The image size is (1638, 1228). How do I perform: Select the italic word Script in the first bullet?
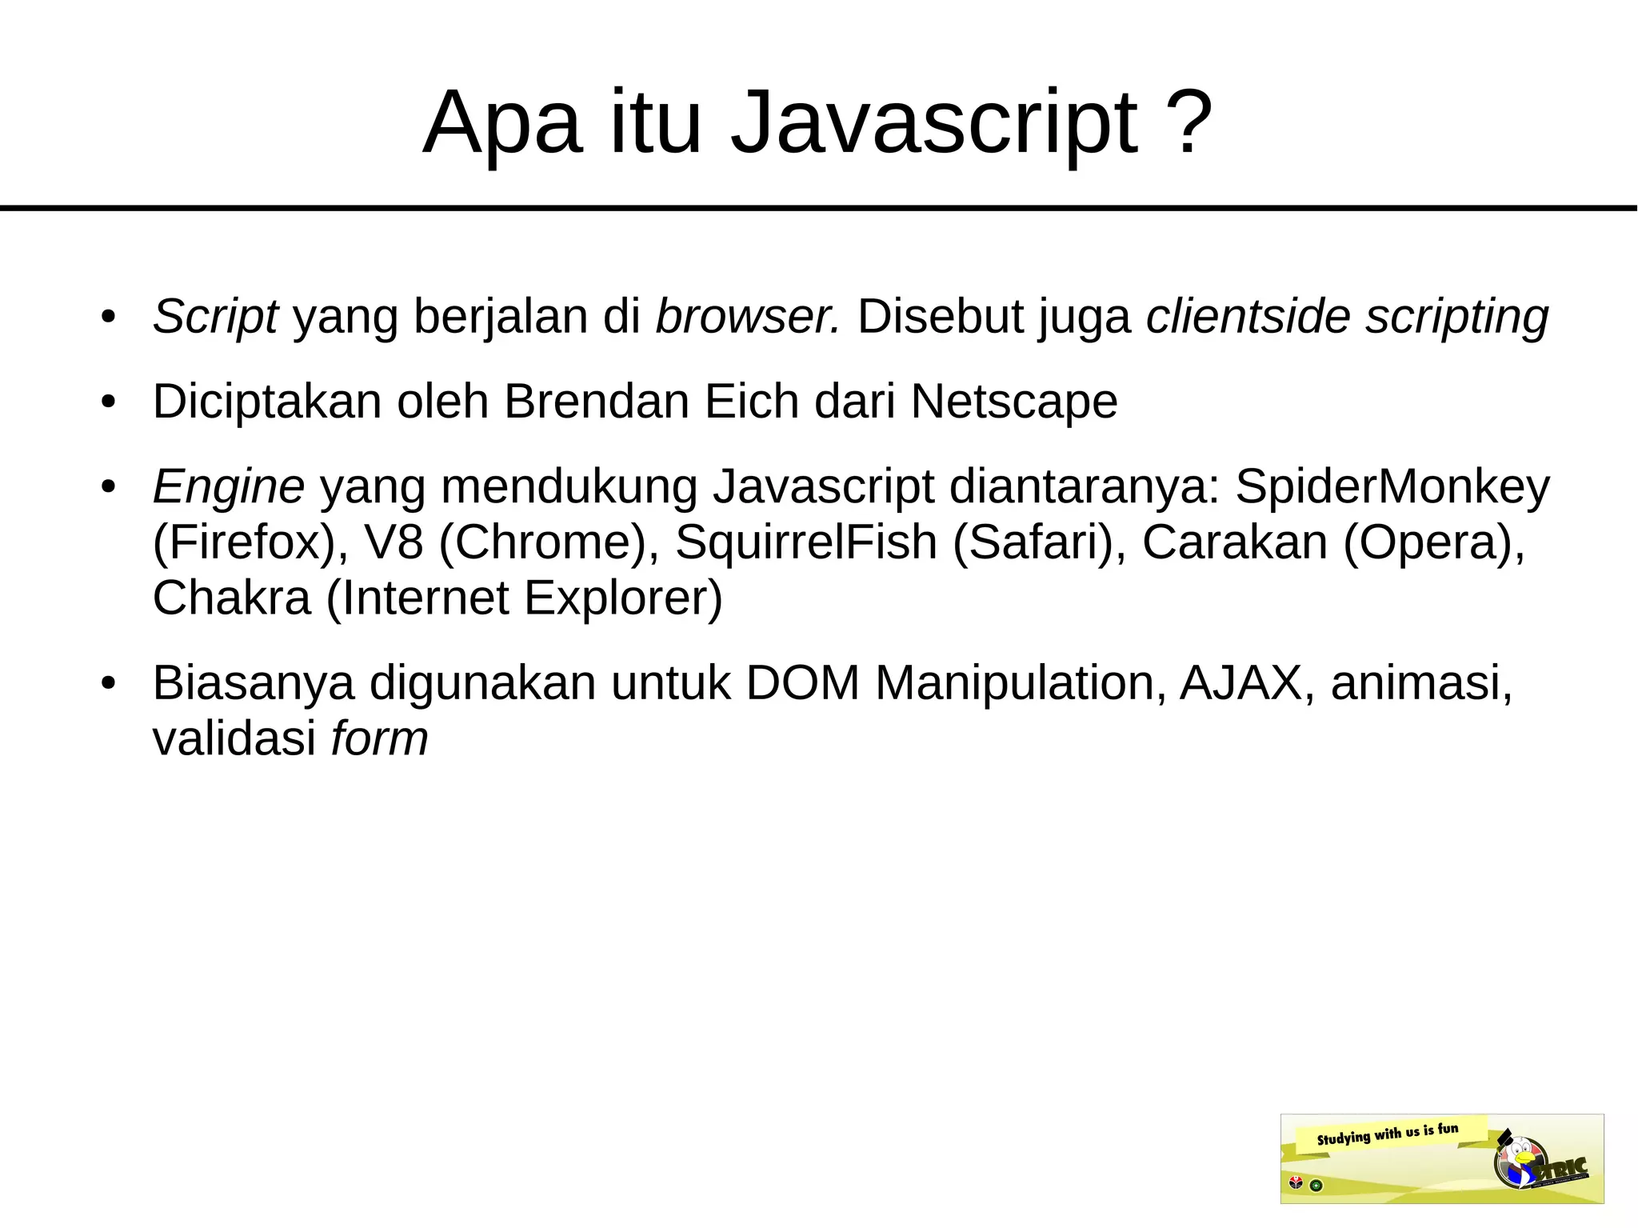pos(215,316)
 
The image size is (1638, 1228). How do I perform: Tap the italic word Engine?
pos(228,486)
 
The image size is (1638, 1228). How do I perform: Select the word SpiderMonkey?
pos(1392,486)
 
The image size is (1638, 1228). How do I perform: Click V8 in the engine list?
pos(394,542)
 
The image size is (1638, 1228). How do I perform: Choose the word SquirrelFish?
pos(805,542)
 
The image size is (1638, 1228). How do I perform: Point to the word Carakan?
pos(1234,542)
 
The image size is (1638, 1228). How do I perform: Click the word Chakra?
pos(231,598)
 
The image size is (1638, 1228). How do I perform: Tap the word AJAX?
pos(1241,683)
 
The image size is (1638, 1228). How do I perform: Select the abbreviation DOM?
pos(802,683)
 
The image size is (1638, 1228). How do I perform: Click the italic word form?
pos(380,738)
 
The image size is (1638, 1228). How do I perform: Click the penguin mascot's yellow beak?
pos(1525,1157)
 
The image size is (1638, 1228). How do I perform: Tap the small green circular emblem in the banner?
pos(1316,1185)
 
